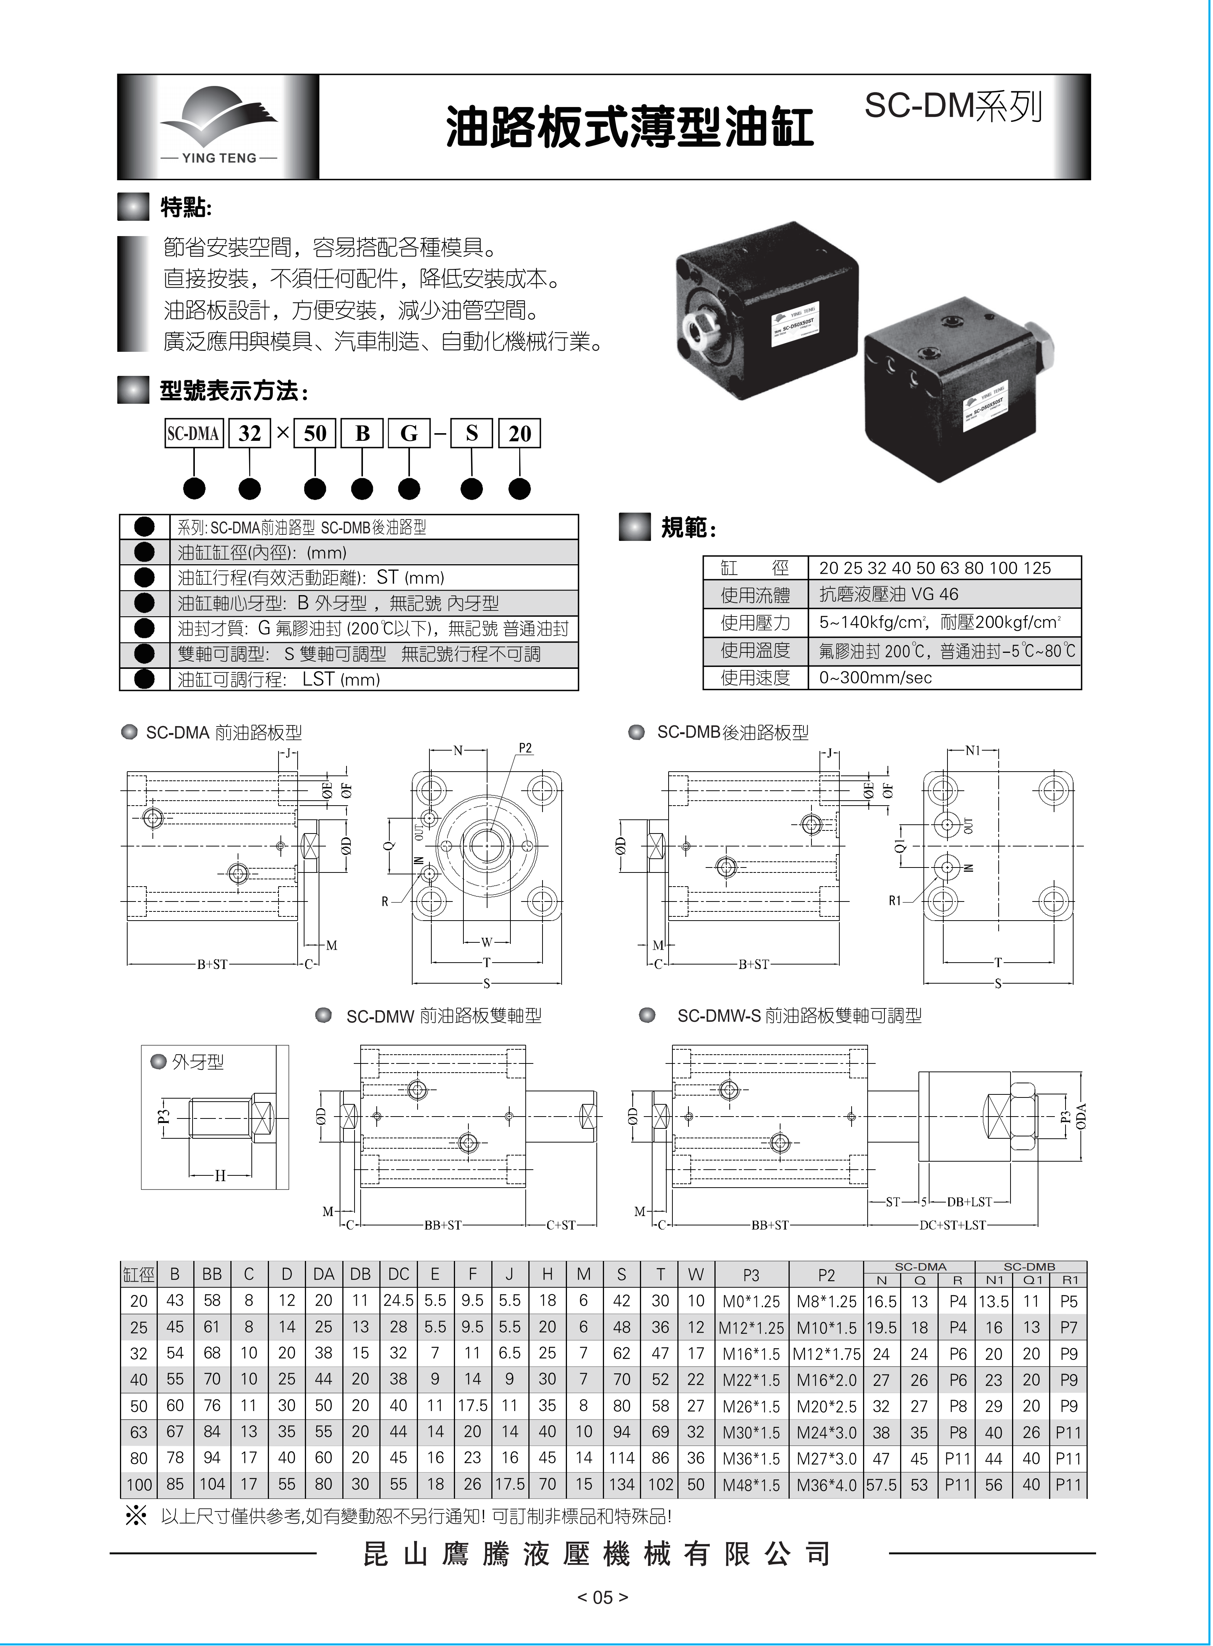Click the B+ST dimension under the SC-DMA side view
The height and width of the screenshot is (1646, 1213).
click(x=212, y=965)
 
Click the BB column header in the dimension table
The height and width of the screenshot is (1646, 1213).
click(x=212, y=1274)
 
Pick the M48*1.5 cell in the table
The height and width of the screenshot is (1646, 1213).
click(x=751, y=1485)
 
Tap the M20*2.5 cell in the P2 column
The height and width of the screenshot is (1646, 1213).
click(x=827, y=1406)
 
